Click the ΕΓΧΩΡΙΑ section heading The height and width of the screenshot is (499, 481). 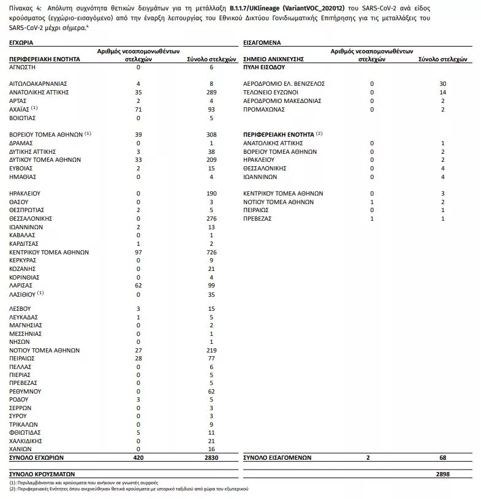(x=21, y=44)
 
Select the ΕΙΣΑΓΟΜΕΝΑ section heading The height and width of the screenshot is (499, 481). (x=263, y=44)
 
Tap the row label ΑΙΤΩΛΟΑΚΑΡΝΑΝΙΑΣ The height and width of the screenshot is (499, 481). (x=38, y=83)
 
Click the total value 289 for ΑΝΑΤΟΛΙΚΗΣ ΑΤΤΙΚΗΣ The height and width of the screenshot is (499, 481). (x=211, y=91)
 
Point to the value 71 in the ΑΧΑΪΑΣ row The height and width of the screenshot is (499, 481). (x=138, y=109)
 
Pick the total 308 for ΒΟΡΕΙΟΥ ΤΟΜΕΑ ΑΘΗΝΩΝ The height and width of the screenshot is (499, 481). (x=211, y=134)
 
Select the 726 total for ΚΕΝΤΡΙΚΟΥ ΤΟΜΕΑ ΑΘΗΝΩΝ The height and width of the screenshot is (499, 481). (x=211, y=252)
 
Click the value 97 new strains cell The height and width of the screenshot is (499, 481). (x=138, y=252)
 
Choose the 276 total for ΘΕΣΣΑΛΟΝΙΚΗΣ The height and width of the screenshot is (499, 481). (x=211, y=218)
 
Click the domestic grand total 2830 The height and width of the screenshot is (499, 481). (x=211, y=457)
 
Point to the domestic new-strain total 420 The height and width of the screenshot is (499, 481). (x=138, y=457)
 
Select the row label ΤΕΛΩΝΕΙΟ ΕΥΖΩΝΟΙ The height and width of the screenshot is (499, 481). (x=271, y=91)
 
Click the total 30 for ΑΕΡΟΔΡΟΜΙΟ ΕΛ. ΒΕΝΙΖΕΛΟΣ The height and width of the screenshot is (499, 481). (x=443, y=83)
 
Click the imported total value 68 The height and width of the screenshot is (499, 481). (x=443, y=457)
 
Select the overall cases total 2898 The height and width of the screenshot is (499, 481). (x=443, y=474)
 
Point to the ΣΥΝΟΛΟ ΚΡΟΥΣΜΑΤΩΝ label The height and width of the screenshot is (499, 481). (x=42, y=474)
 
